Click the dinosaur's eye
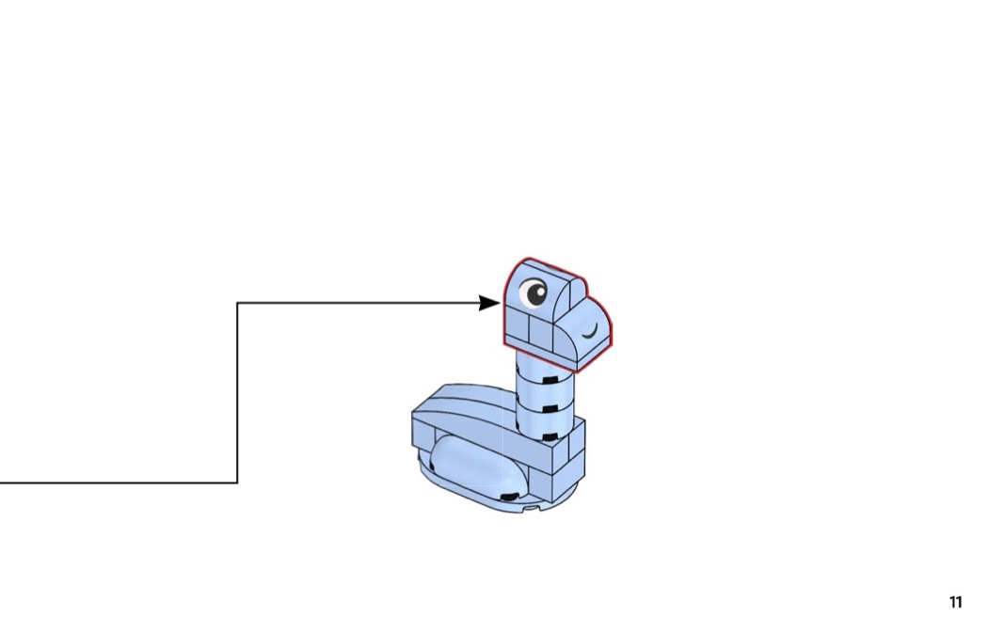click(534, 293)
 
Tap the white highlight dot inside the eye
click(540, 291)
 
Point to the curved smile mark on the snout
click(590, 331)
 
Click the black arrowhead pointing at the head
click(489, 303)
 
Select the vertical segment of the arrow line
click(237, 393)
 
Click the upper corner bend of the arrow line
click(237, 303)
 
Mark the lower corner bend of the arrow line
click(237, 483)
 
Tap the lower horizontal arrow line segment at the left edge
click(119, 483)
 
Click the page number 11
click(955, 602)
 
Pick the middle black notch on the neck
click(553, 409)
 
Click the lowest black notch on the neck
click(550, 436)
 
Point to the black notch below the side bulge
click(506, 497)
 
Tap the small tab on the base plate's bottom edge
click(532, 507)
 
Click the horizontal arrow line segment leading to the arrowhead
click(358, 303)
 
